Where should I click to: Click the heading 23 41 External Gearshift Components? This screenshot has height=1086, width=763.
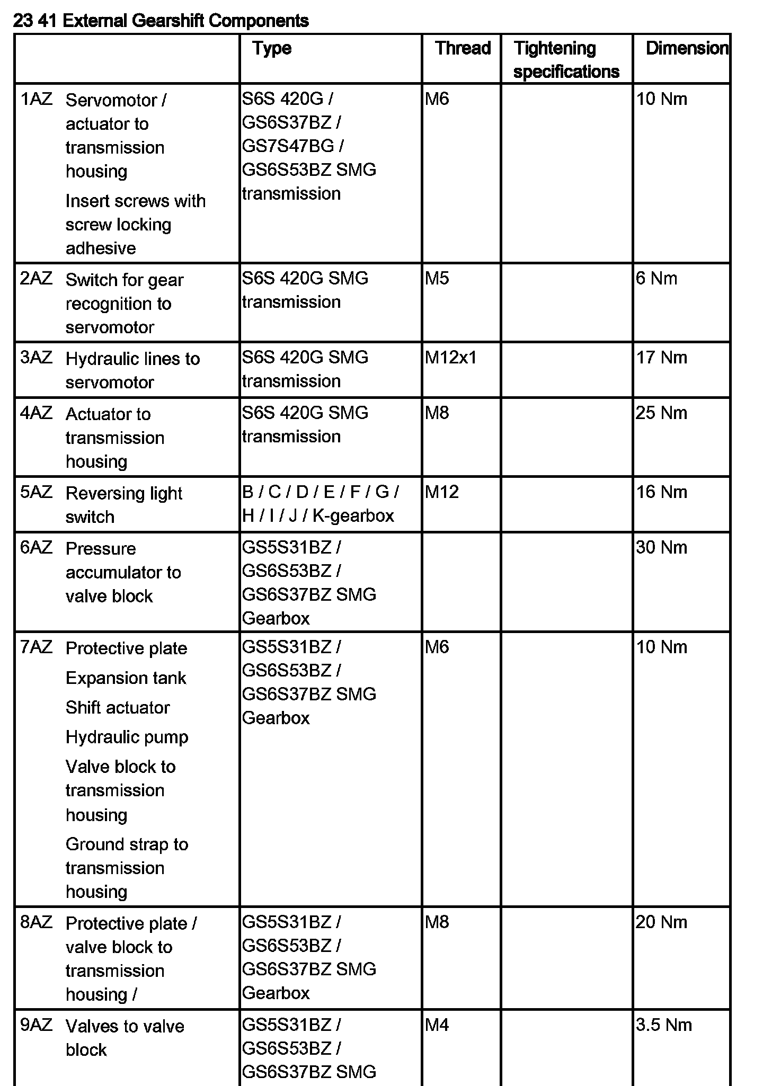pyautogui.click(x=161, y=21)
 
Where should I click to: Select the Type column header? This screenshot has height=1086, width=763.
pyautogui.click(x=272, y=48)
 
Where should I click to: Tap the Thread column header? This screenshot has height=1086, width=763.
pyautogui.click(x=463, y=48)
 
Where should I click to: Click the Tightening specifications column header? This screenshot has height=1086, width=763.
pyautogui.click(x=566, y=59)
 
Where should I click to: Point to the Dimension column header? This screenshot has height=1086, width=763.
pyautogui.click(x=687, y=48)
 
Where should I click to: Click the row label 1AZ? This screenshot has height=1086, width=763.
pyautogui.click(x=36, y=99)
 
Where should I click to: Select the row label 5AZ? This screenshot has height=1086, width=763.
pyautogui.click(x=36, y=492)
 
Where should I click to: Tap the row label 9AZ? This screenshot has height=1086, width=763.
pyautogui.click(x=36, y=1025)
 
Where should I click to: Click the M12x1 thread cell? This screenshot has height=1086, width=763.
pyautogui.click(x=450, y=358)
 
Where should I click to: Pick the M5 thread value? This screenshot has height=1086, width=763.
pyautogui.click(x=437, y=278)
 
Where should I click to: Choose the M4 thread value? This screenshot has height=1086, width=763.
pyautogui.click(x=437, y=1025)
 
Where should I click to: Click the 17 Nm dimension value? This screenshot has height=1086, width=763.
pyautogui.click(x=661, y=358)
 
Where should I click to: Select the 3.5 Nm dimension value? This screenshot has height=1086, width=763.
pyautogui.click(x=663, y=1025)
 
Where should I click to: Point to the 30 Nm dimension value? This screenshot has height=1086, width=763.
pyautogui.click(x=661, y=547)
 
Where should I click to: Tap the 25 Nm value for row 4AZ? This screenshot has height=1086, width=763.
pyautogui.click(x=661, y=413)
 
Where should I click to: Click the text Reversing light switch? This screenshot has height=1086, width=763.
pyautogui.click(x=123, y=504)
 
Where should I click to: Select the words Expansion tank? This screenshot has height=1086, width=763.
pyautogui.click(x=126, y=678)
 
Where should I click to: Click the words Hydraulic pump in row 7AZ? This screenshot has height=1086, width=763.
pyautogui.click(x=127, y=737)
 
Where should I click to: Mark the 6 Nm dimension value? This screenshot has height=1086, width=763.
pyautogui.click(x=656, y=278)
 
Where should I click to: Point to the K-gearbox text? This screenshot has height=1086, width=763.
pyautogui.click(x=353, y=515)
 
